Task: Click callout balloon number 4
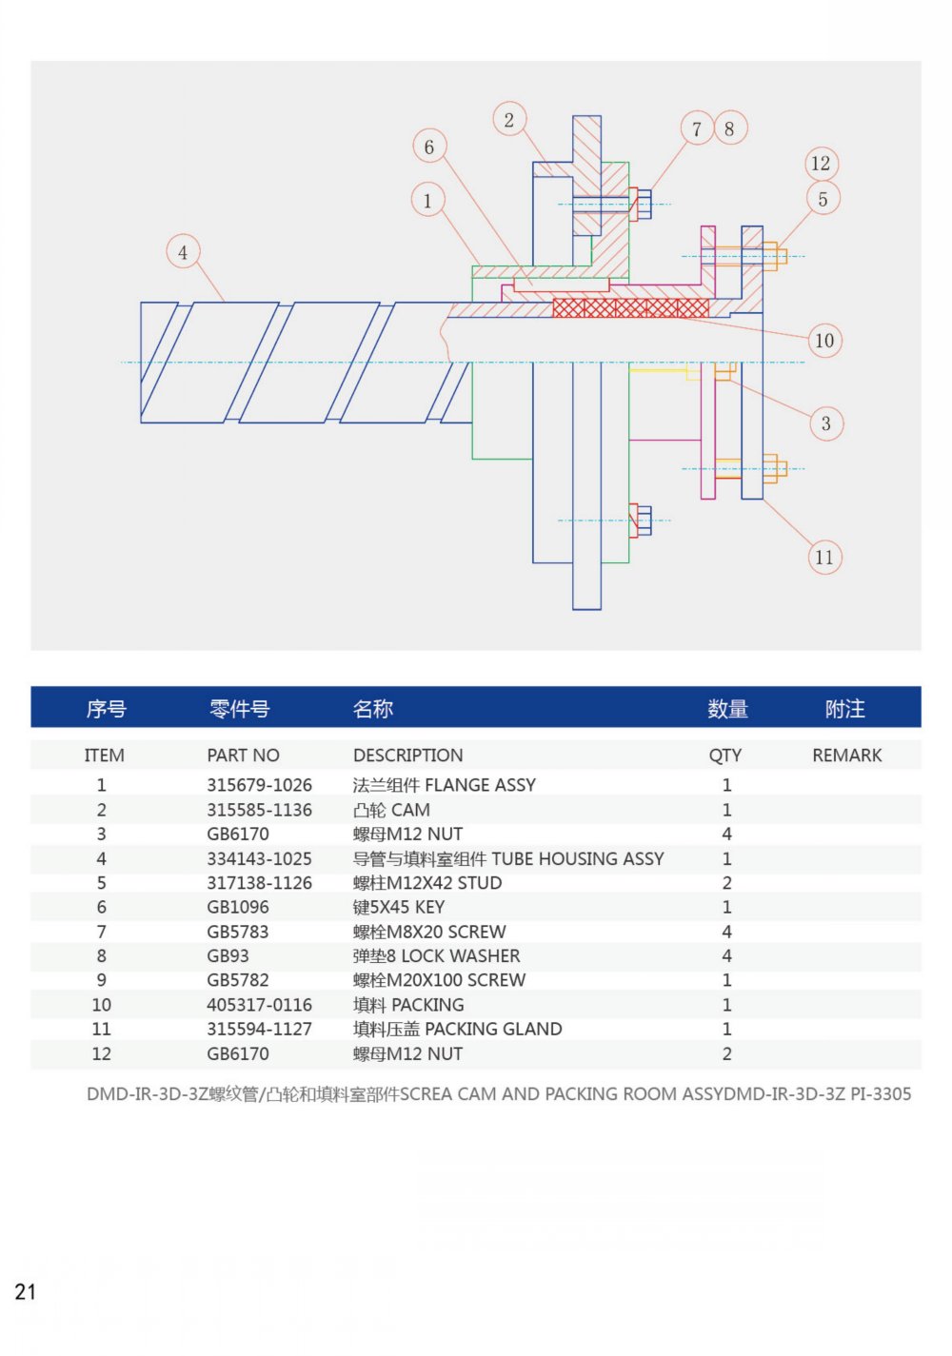click(183, 252)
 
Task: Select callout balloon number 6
click(429, 147)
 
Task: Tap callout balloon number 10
click(824, 340)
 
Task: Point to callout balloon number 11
click(824, 557)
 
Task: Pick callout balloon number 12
click(821, 163)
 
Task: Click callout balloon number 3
click(826, 423)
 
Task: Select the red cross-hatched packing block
click(631, 307)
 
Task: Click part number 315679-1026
click(259, 785)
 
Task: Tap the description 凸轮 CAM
click(391, 810)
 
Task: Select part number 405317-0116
click(259, 1005)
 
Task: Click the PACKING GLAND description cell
click(457, 1029)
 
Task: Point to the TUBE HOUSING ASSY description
click(508, 858)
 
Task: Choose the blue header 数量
click(727, 709)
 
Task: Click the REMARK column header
click(846, 756)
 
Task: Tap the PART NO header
click(243, 756)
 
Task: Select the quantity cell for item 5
click(726, 883)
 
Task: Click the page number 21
click(25, 1291)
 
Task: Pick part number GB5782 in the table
click(238, 980)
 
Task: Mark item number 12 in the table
click(101, 1053)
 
